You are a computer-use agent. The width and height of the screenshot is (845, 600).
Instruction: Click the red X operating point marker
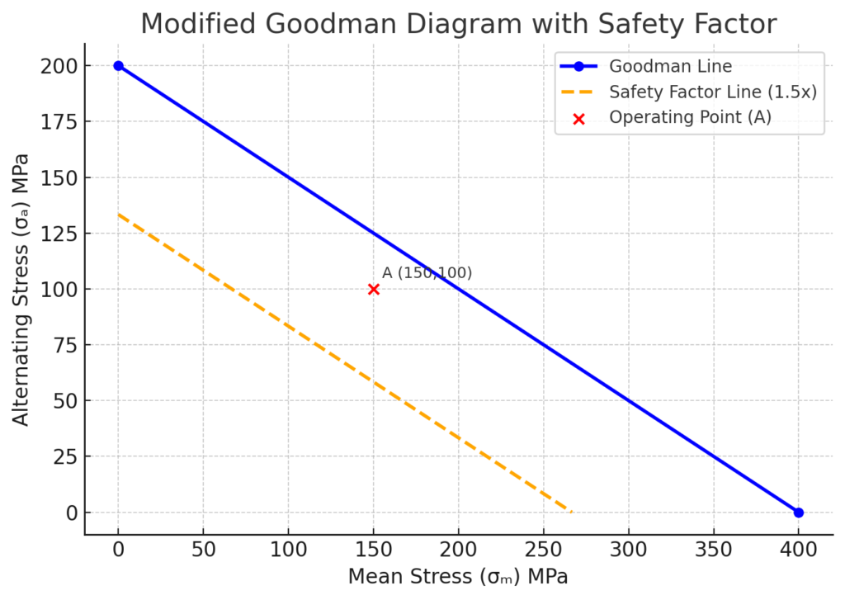pos(374,289)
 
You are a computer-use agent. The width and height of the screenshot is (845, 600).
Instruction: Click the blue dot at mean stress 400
pos(798,513)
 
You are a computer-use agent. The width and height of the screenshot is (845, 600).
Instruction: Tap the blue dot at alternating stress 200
pos(119,66)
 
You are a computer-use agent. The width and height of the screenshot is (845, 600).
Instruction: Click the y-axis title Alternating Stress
pos(21,289)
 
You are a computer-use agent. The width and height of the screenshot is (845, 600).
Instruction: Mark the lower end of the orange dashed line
pos(571,512)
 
